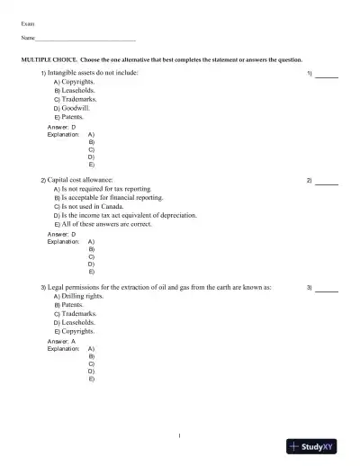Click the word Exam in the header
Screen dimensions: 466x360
(x=28, y=22)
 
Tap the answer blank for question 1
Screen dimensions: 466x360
(x=327, y=75)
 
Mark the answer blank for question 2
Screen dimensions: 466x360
(x=327, y=182)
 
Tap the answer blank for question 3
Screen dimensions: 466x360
(x=327, y=289)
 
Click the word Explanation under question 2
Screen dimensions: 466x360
(x=63, y=242)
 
